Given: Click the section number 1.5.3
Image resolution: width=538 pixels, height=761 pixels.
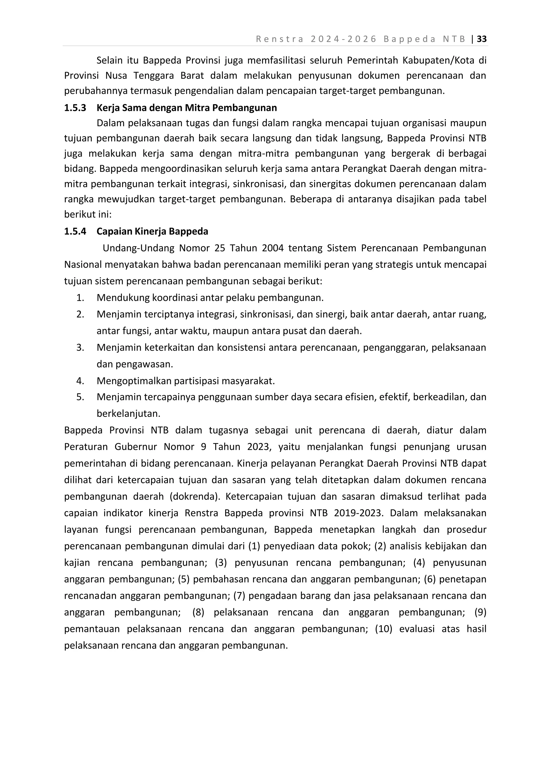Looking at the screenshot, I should [x=75, y=108].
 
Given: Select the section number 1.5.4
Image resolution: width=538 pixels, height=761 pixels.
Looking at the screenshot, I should [x=75, y=231].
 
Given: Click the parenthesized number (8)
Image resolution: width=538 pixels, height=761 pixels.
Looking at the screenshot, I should [x=198, y=612].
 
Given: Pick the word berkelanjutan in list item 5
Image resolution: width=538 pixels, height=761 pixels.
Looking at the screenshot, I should [x=128, y=414].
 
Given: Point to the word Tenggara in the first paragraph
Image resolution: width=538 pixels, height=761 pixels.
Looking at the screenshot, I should [x=152, y=76].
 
